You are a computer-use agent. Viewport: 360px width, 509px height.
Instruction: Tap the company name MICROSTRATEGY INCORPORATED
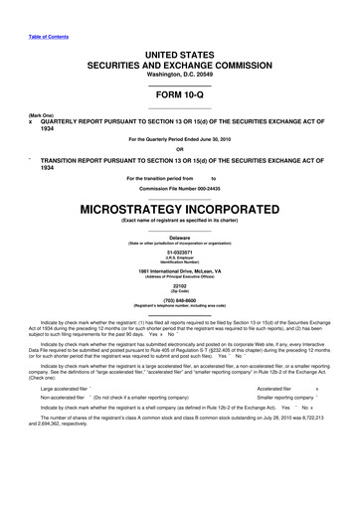(180, 212)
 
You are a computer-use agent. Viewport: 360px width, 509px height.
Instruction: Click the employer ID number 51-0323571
(180, 254)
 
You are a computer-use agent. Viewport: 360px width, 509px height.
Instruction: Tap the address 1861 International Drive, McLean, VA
(180, 272)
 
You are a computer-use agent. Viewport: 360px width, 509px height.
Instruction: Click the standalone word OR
(180, 150)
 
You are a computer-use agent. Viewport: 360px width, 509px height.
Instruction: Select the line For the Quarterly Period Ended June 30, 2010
(180, 138)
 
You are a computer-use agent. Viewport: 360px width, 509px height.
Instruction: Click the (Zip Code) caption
(180, 297)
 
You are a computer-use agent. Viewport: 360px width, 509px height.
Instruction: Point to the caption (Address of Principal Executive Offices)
(180, 278)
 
